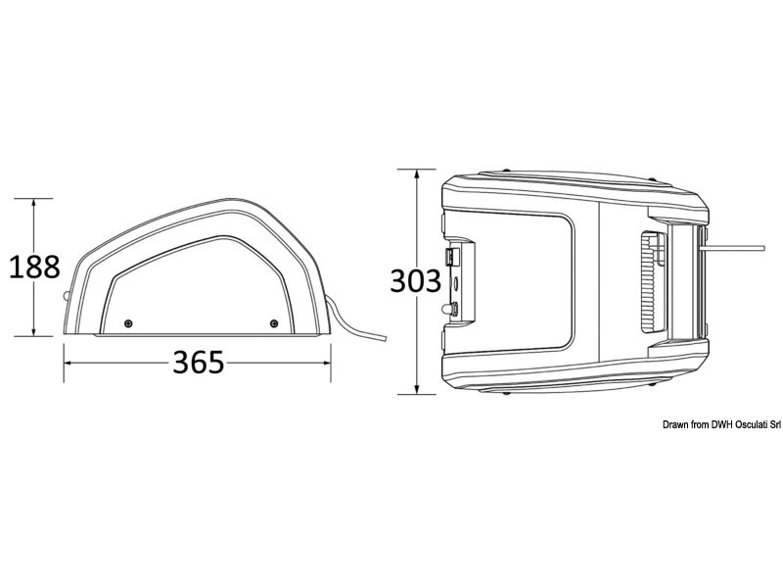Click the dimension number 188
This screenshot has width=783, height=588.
tap(34, 267)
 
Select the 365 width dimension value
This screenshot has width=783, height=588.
tap(199, 363)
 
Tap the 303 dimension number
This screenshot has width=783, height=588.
tap(416, 281)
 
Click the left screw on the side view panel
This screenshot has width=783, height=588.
tap(128, 322)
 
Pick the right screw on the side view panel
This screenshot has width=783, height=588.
tap(274, 322)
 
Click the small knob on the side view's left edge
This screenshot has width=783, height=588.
tap(67, 295)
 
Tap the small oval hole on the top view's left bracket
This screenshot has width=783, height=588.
tap(457, 285)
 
